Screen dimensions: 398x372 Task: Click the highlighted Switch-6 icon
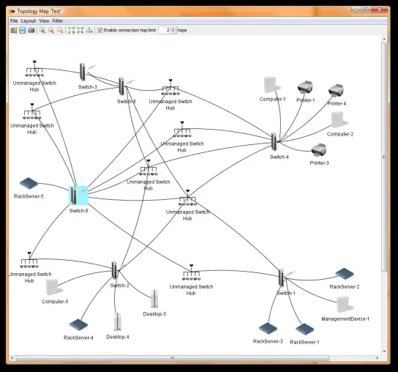tap(78, 196)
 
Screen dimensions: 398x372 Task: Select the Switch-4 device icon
tap(274, 142)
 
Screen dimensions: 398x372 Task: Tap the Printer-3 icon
tap(319, 150)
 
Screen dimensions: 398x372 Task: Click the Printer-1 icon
tap(305, 87)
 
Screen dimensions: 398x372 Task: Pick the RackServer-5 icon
tap(29, 183)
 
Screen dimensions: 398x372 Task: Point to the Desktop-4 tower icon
tap(118, 321)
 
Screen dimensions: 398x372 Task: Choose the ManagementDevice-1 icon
tap(345, 305)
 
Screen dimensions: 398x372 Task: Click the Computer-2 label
tap(340, 134)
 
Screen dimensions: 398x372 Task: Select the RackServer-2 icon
tap(345, 274)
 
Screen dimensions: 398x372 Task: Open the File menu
tap(14, 21)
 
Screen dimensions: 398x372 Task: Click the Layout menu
tap(29, 21)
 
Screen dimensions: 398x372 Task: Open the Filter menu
tap(58, 21)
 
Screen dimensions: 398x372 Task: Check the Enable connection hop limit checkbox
tap(100, 30)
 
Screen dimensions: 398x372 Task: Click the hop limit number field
tap(165, 30)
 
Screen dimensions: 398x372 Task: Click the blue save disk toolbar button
tap(23, 30)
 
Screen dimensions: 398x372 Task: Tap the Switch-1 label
tap(286, 293)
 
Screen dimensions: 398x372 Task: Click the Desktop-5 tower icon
tap(154, 299)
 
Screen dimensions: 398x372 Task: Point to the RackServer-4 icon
tap(78, 324)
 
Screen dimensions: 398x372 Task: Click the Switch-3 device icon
tap(83, 72)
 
